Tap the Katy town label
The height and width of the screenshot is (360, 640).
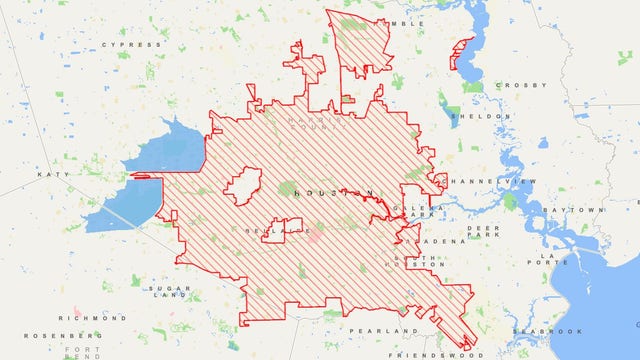pos(50,174)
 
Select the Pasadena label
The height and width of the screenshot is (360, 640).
pos(443,241)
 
